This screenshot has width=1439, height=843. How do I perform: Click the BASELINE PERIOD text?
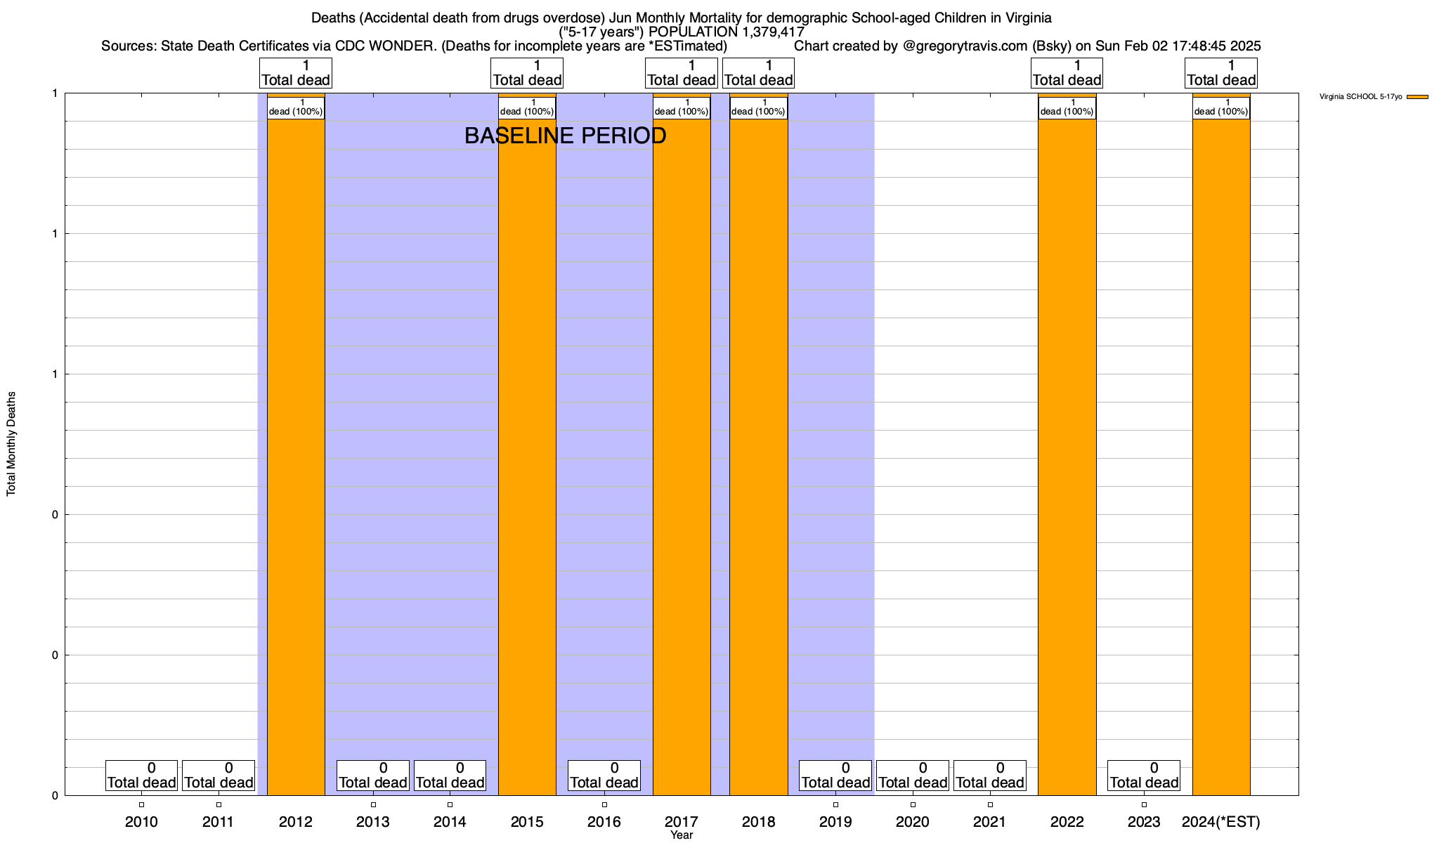[565, 136]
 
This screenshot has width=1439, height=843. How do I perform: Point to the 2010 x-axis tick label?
[141, 822]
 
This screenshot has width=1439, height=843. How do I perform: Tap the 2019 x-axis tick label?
[835, 822]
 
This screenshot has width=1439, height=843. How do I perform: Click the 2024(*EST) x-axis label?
[1221, 822]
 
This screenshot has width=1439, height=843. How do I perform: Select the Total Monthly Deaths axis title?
[11, 444]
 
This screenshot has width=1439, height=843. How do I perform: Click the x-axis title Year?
[682, 835]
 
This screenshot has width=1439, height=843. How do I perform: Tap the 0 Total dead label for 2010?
[141, 776]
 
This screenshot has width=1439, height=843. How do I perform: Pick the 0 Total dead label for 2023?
[1144, 776]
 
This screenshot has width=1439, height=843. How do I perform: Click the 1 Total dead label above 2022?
[1067, 73]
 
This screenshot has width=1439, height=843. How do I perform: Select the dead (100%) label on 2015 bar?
[527, 108]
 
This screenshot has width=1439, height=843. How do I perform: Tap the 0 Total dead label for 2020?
[913, 776]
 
